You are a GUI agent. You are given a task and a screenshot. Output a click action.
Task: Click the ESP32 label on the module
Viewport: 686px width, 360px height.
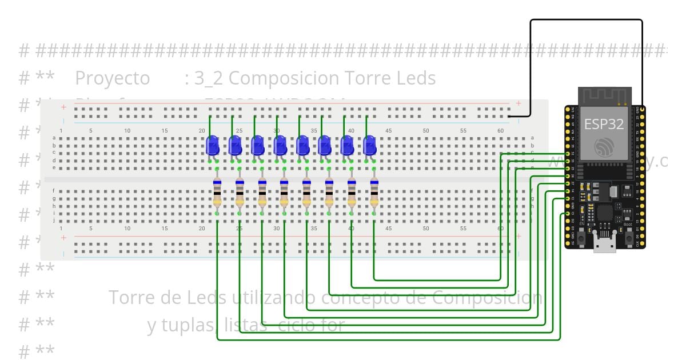604,124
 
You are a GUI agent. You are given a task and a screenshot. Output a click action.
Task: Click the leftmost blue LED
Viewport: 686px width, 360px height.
213,146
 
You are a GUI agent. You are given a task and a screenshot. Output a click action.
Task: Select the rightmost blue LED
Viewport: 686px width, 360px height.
370,146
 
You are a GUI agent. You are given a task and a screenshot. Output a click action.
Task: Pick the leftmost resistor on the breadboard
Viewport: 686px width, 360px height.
217,193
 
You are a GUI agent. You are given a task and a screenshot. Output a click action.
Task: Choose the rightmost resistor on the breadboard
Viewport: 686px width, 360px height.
374,193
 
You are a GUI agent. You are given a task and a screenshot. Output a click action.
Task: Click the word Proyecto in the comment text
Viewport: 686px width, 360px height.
112,78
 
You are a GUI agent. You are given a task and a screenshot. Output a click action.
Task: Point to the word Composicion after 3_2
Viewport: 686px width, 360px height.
284,78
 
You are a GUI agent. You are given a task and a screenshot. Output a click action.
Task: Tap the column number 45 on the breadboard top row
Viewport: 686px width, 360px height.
389,131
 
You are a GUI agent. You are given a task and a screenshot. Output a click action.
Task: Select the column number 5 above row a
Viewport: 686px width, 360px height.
90,131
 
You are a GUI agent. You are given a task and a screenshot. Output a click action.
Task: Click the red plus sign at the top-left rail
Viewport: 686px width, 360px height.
63,107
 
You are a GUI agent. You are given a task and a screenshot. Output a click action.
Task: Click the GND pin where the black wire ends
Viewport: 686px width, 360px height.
643,109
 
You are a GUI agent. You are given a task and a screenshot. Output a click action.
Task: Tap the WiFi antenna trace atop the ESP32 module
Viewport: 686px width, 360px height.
604,96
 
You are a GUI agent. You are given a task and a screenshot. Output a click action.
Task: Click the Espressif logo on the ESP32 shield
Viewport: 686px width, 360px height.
604,147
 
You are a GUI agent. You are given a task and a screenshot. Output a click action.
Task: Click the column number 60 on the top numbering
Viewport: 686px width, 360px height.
501,131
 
